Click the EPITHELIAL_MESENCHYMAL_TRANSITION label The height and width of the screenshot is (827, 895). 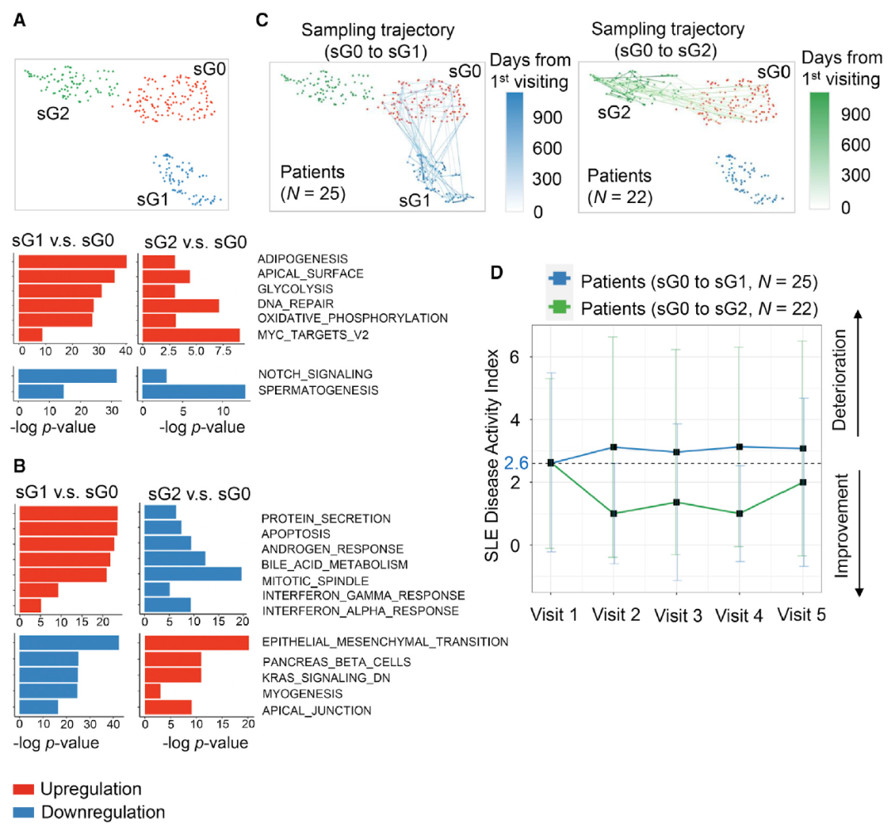pos(385,642)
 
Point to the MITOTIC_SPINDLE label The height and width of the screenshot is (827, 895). pos(304,580)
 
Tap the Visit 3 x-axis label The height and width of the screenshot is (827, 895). pos(677,615)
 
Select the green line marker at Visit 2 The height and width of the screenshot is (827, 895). pos(614,513)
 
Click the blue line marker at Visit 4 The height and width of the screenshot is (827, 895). pos(739,447)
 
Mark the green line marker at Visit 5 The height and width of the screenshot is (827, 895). pos(802,482)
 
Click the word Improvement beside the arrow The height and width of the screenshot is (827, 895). pos(839,531)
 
